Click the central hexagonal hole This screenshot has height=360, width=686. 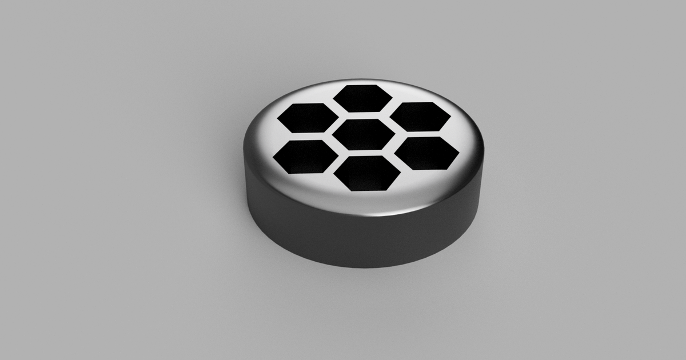click(364, 135)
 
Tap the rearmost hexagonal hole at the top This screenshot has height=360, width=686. click(362, 98)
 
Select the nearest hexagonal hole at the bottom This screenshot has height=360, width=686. click(366, 173)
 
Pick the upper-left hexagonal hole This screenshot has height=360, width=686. click(308, 118)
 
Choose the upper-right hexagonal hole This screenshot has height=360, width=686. click(420, 117)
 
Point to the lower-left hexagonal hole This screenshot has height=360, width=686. click(305, 156)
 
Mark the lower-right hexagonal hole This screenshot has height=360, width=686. click(426, 153)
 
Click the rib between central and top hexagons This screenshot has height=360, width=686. click(363, 115)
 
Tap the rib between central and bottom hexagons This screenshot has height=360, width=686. click(365, 153)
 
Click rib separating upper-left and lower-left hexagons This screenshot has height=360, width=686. click(306, 137)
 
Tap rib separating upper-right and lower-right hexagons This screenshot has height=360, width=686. click(424, 134)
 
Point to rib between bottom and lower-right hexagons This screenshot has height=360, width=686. click(396, 164)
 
